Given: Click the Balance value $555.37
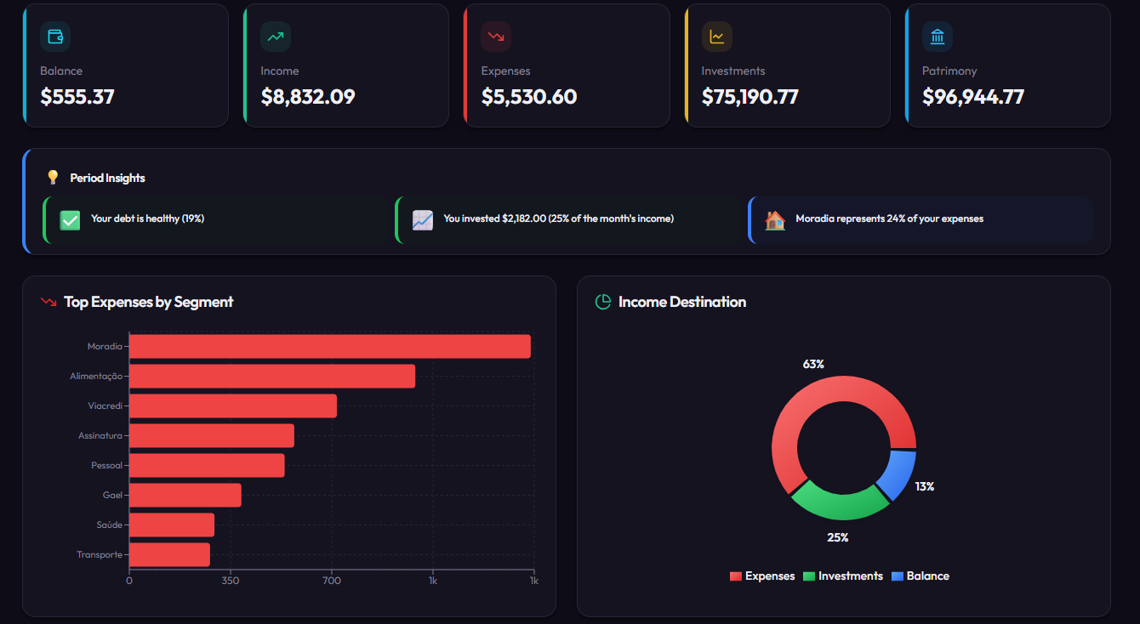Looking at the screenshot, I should (77, 97).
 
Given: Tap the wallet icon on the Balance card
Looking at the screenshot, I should (55, 37).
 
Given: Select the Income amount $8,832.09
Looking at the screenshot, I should (308, 97).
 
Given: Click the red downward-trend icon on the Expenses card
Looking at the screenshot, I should (496, 37).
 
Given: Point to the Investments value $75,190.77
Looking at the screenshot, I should (750, 97).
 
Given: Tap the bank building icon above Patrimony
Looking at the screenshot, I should (938, 37).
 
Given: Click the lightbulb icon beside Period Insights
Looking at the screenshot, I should (53, 178).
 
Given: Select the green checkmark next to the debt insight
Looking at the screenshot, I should (70, 220).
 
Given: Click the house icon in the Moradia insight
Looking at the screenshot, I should (774, 220).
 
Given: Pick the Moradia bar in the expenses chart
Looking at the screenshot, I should (329, 347).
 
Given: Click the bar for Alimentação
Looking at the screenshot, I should (271, 376).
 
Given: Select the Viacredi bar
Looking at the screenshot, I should (232, 406).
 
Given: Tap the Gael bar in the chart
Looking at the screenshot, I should (185, 495).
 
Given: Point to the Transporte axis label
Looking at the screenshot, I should (100, 555).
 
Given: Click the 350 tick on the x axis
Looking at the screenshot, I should (230, 581).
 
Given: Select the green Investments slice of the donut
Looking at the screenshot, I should (840, 501).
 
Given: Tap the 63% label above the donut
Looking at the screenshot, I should (813, 364).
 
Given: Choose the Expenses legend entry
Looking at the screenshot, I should (762, 576).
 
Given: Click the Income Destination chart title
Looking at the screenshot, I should (681, 302).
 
